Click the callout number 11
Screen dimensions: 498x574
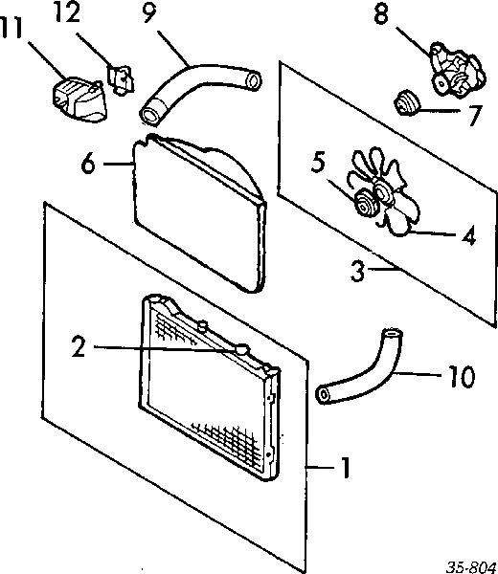point(11,28)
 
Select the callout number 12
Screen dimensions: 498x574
point(68,12)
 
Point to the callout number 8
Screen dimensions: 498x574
point(381,14)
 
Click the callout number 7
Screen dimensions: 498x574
point(475,115)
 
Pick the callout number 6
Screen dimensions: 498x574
point(88,163)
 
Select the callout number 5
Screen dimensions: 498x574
point(318,163)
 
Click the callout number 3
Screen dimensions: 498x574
point(357,271)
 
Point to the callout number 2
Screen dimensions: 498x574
point(79,346)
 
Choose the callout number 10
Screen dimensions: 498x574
point(462,376)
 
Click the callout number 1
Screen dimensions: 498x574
point(345,467)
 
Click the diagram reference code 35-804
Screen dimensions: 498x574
point(471,567)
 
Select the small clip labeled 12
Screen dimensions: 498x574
point(120,79)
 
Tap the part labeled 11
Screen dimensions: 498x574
point(79,99)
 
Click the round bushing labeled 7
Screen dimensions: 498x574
point(406,103)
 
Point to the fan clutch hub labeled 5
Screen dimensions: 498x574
point(364,205)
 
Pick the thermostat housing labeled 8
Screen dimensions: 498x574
point(457,72)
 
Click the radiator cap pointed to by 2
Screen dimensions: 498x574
point(241,349)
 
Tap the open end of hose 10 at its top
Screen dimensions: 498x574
point(392,333)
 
